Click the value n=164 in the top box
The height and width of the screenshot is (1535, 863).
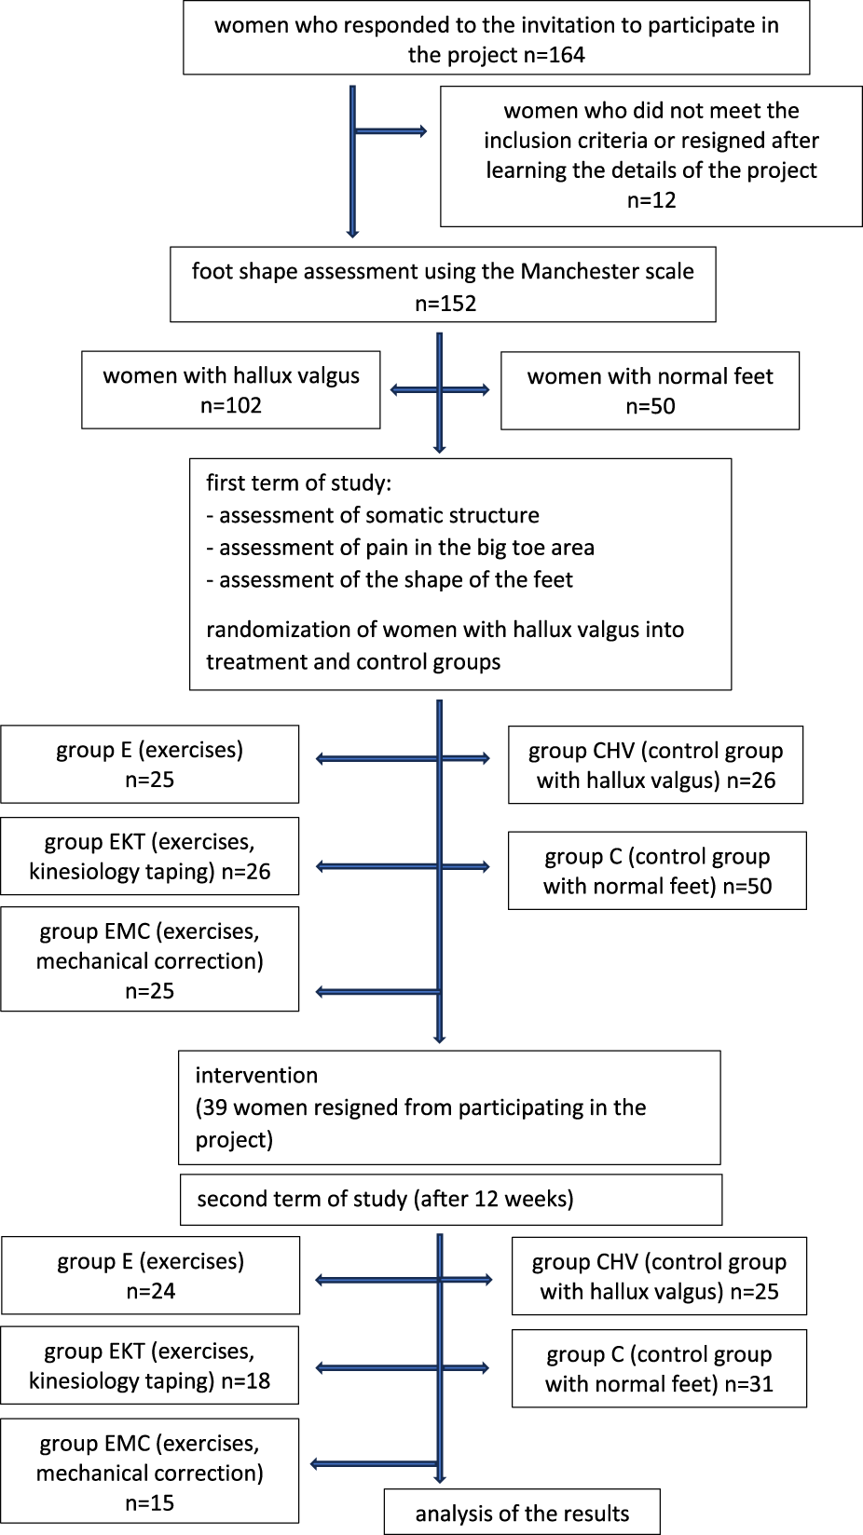(x=554, y=55)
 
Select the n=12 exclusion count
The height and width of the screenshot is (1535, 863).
(x=651, y=200)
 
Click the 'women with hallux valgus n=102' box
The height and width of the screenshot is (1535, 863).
(x=231, y=390)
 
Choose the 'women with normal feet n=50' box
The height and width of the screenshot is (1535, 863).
(x=650, y=390)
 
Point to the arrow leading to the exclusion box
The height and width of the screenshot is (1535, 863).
(x=391, y=131)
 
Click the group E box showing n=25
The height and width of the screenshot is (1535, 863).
(x=149, y=764)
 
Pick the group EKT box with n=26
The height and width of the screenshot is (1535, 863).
(x=149, y=856)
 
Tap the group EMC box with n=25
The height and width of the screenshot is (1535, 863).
(x=149, y=959)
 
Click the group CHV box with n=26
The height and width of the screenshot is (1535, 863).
(x=655, y=765)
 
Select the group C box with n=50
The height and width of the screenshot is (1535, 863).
(x=657, y=871)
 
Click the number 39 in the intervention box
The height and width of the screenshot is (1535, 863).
(x=215, y=1107)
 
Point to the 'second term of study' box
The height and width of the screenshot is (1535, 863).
(x=451, y=1199)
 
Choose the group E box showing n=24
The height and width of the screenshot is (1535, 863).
(x=150, y=1275)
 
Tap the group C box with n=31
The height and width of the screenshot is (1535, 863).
(x=659, y=1368)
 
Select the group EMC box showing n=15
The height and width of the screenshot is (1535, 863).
(x=149, y=1472)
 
